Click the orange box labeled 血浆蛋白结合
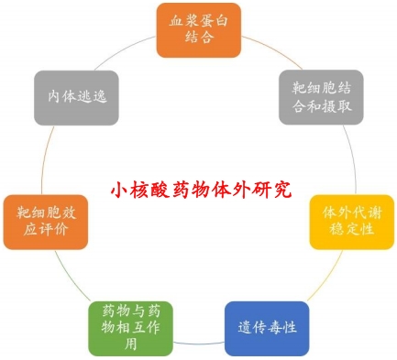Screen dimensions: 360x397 click(198, 28)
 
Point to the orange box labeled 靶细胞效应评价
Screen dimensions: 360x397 click(46, 220)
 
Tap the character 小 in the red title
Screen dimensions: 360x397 click(118, 190)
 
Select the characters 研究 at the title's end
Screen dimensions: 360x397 click(273, 190)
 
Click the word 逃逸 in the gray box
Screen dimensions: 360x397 click(87, 94)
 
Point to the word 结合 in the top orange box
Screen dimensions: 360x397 click(198, 38)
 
